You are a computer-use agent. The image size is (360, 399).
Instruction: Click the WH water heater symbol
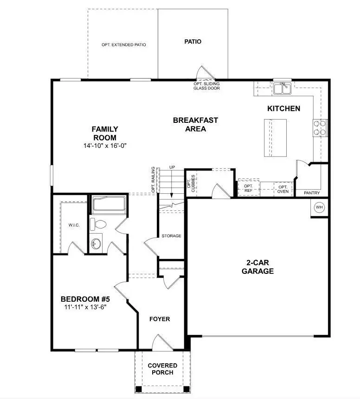pos(319,207)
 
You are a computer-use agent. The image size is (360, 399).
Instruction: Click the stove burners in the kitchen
pos(320,127)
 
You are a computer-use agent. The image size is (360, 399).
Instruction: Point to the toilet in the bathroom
pos(98,224)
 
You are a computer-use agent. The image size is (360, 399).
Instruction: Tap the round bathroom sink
pos(96,243)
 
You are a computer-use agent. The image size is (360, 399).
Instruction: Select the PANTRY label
pos(311,193)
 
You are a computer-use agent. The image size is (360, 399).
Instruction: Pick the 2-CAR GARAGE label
pos(257,267)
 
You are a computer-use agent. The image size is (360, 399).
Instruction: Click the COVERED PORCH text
pos(162,369)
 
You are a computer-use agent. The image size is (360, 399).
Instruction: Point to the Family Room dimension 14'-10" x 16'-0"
pos(104,146)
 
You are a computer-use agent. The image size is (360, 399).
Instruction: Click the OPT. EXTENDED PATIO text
pos(124,45)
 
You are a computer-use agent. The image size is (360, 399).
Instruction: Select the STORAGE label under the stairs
pos(171,236)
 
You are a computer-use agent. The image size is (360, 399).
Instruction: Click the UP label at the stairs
pos(172,167)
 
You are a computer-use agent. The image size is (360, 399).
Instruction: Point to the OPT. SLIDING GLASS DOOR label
pos(206,86)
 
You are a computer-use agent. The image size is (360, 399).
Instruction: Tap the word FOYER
pos(159,319)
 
